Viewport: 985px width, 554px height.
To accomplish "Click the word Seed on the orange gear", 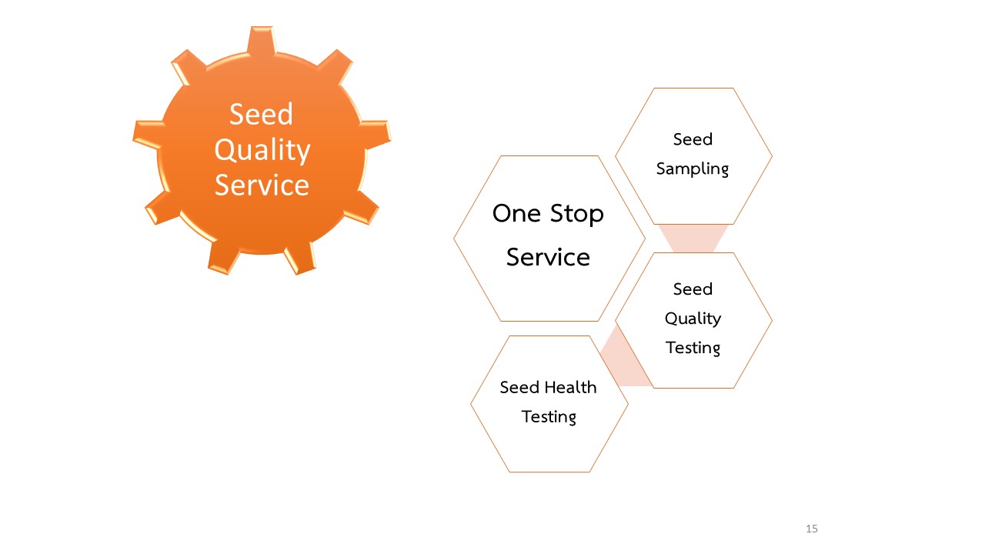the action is (x=261, y=115).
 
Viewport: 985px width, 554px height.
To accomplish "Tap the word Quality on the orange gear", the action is (x=262, y=150).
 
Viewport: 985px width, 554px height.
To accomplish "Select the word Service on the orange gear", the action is (x=262, y=185).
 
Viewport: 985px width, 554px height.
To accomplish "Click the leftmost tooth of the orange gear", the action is (x=147, y=134).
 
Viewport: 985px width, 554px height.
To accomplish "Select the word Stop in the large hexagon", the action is (x=577, y=215).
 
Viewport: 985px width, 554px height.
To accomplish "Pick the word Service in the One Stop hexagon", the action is (x=549, y=257).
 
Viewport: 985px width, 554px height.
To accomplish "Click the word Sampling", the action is (x=693, y=169).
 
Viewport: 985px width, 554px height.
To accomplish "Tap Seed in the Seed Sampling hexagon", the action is (x=693, y=139).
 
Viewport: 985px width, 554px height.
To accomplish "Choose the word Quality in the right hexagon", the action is (x=693, y=319).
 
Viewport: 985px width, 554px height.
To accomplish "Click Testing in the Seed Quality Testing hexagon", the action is (x=693, y=349).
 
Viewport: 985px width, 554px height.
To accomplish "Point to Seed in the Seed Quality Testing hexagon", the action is (x=693, y=289).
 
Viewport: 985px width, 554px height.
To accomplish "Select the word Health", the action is (x=570, y=387).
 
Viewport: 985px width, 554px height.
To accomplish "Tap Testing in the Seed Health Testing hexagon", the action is (x=549, y=417).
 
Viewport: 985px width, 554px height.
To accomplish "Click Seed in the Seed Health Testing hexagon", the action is (x=519, y=387).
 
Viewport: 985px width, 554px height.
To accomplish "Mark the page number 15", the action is (x=812, y=529).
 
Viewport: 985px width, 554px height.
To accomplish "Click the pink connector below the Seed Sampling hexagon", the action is (x=693, y=239).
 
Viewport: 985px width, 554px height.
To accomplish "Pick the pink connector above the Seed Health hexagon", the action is (x=624, y=359).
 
